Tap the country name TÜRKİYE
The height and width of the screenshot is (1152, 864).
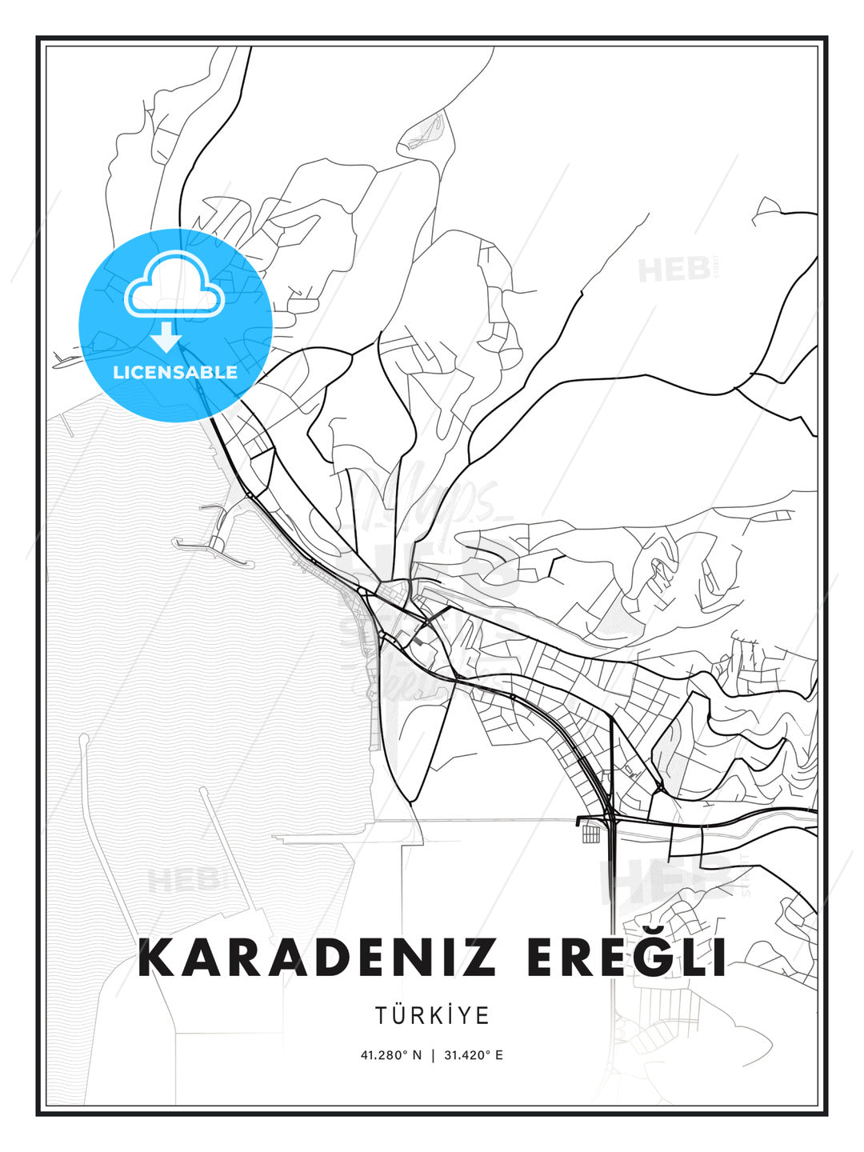(432, 1016)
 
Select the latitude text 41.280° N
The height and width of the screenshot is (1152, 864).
(390, 1055)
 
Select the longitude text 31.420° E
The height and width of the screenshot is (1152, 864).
(473, 1055)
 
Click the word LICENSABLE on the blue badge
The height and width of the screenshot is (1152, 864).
(175, 372)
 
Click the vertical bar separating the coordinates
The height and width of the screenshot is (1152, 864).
(433, 1055)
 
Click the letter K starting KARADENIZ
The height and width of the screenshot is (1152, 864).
(157, 958)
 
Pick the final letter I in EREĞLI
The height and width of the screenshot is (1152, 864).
(719, 958)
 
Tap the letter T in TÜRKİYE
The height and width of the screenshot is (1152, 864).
(381, 1016)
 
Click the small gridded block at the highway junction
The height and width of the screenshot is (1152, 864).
(590, 834)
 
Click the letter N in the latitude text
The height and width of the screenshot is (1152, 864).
(417, 1055)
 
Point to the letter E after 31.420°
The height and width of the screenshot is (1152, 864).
(499, 1055)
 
